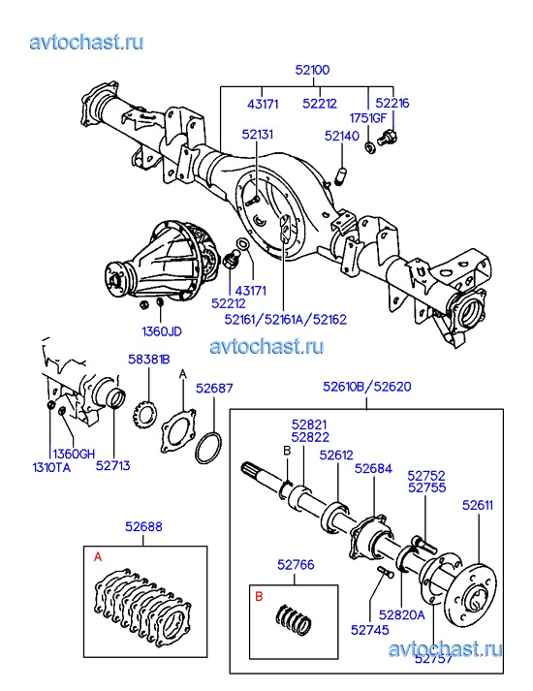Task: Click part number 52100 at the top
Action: point(312,70)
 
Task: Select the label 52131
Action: point(257,135)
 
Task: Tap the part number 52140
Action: point(342,136)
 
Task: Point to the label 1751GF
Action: point(368,118)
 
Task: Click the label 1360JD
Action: point(162,331)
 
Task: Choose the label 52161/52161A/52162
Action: point(286,319)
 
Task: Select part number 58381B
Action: point(149,360)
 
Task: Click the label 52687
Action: point(214,389)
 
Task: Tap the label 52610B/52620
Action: point(367,387)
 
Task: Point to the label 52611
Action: point(478,505)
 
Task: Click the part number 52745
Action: point(370,630)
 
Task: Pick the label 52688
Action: point(143,526)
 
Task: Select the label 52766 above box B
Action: point(296,564)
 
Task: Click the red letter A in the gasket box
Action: point(98,557)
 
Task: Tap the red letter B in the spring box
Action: point(259,596)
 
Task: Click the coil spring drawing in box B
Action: point(295,619)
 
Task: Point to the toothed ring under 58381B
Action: point(145,414)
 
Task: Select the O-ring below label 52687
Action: point(208,448)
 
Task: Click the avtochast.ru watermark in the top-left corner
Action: point(86,43)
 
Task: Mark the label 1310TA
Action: point(51,467)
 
